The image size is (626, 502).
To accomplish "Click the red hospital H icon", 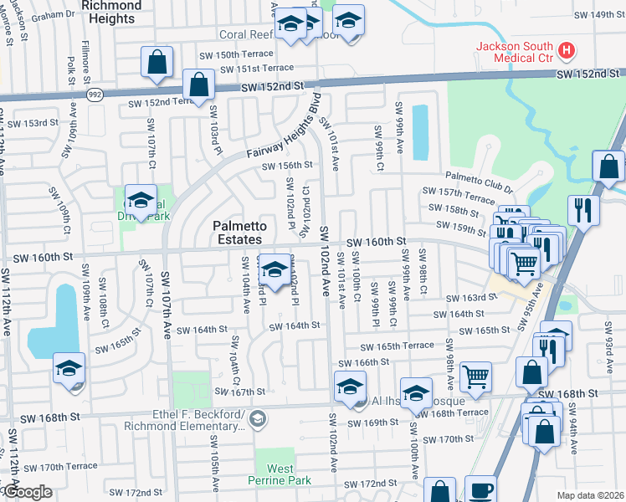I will tap(567, 51).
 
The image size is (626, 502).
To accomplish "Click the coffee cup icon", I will tap(480, 489).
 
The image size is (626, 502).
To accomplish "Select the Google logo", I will tap(26, 492).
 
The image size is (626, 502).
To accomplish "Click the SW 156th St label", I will tap(286, 166).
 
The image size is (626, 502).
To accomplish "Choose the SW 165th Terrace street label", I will tap(397, 346).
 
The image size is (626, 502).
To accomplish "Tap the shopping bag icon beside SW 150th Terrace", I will tap(156, 61).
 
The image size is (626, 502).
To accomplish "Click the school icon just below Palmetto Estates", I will tap(274, 269).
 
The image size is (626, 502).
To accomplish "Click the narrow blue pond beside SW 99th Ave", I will tap(420, 131).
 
